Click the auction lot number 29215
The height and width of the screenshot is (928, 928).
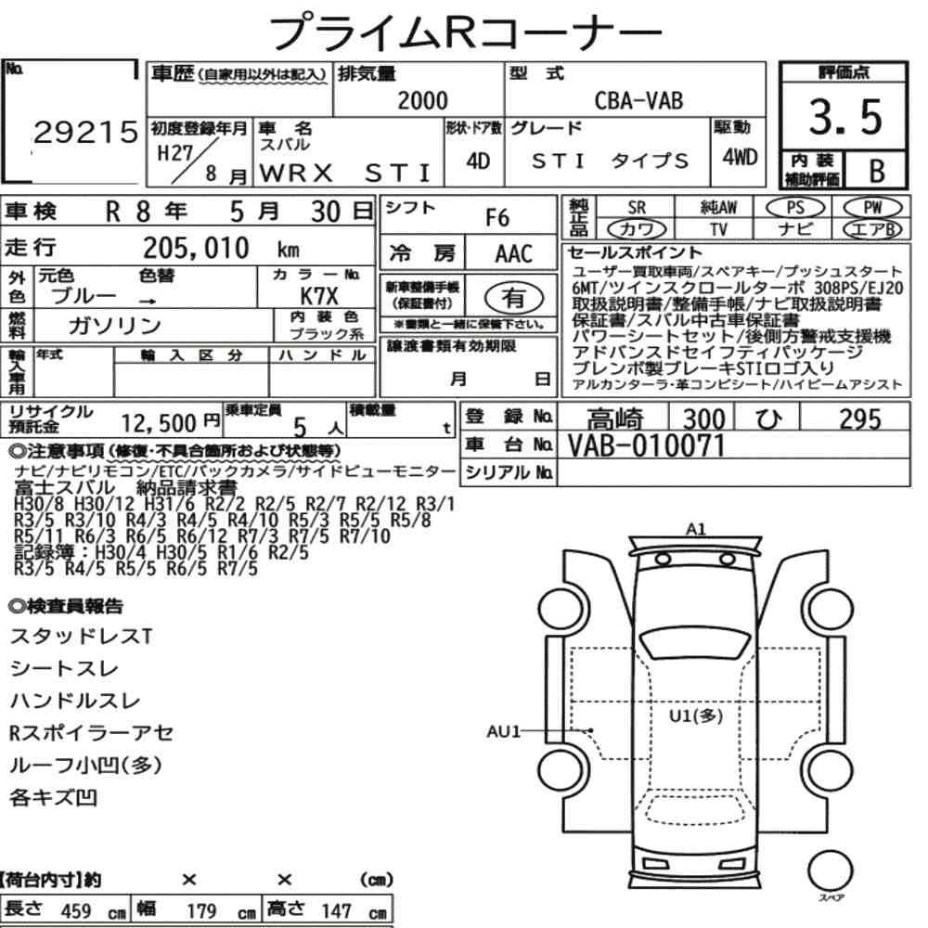click(85, 132)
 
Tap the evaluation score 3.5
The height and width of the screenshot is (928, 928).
click(845, 117)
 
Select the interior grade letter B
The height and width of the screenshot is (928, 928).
click(877, 171)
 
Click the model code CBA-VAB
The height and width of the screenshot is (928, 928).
click(638, 101)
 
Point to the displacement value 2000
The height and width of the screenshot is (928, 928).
click(422, 100)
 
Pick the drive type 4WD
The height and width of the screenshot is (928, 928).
click(740, 158)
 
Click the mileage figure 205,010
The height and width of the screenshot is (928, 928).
click(196, 248)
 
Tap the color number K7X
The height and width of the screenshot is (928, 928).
click(319, 296)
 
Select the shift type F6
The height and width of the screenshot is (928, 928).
click(497, 218)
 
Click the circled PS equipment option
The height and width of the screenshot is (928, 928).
click(795, 208)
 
